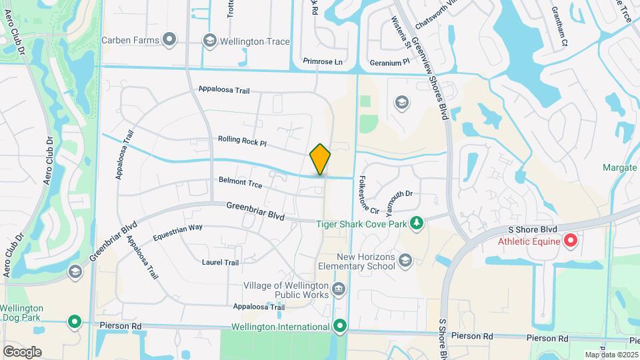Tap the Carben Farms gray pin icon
[170, 40]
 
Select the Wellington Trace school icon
[210, 41]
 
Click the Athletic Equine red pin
[570, 241]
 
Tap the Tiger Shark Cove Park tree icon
[417, 223]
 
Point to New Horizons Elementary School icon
[405, 259]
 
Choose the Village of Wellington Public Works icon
[339, 289]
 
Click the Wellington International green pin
[340, 327]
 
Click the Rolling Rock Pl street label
[242, 142]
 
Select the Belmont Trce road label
[240, 182]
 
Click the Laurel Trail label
[220, 263]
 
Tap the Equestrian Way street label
[177, 232]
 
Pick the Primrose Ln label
[322, 62]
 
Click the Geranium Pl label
[389, 62]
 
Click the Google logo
[22, 351]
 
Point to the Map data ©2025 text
[611, 355]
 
